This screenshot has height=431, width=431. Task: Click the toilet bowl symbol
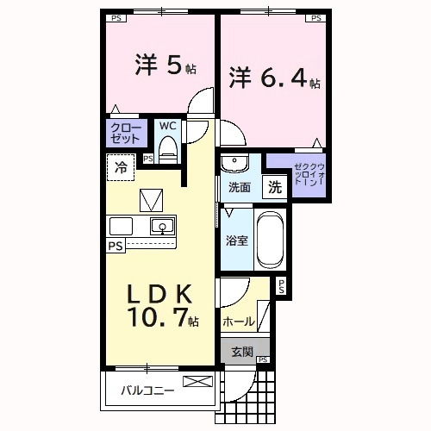coord(169,149)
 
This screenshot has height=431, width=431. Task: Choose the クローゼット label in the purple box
coord(125,132)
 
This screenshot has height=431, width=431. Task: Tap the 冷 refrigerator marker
coord(121,167)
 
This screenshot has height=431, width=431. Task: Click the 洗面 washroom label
coord(239,187)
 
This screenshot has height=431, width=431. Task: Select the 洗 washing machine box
coord(273,185)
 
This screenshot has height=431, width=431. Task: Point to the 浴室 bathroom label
coord(237,240)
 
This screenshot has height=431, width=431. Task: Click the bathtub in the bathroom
coord(270,240)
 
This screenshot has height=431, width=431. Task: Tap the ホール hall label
coord(238,322)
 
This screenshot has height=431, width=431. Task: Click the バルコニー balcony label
coord(147,390)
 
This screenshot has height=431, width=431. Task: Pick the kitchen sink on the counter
coord(161,227)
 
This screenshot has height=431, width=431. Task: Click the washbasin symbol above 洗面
coord(234,163)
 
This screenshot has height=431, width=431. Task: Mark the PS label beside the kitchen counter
coord(115,246)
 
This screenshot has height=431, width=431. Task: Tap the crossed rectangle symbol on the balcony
coord(197,382)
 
